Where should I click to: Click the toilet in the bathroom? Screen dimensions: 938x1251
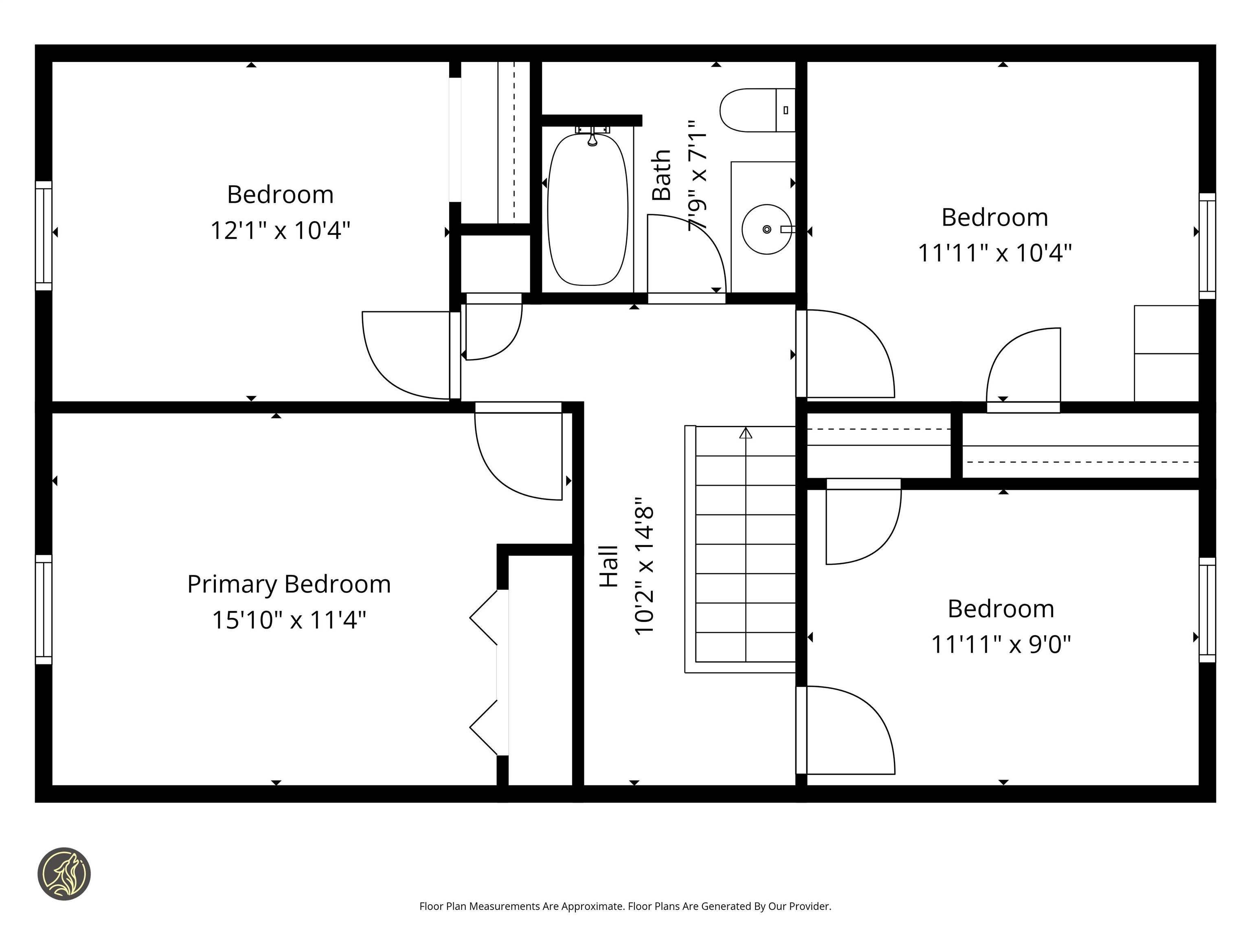click(x=756, y=110)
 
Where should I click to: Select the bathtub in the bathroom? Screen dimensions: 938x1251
click(x=588, y=209)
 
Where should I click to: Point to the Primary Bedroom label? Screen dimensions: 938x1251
click(x=289, y=584)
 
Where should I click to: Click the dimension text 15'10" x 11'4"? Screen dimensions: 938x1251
click(x=289, y=620)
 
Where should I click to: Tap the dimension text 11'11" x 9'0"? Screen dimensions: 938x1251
click(x=1001, y=644)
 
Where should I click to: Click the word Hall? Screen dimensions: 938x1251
click(x=609, y=567)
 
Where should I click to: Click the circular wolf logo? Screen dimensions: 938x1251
click(x=64, y=874)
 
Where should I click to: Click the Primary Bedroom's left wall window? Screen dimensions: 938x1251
click(x=44, y=609)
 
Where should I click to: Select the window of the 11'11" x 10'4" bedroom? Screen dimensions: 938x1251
click(x=1207, y=246)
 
